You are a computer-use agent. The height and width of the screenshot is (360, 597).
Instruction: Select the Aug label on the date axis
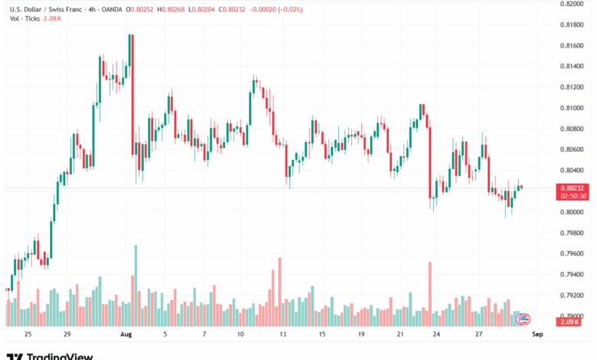[126, 335]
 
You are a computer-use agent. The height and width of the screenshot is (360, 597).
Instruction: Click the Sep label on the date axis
[537, 335]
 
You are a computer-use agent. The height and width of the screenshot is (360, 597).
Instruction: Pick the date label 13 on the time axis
[282, 335]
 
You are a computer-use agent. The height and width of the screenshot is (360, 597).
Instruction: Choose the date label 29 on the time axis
[67, 335]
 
